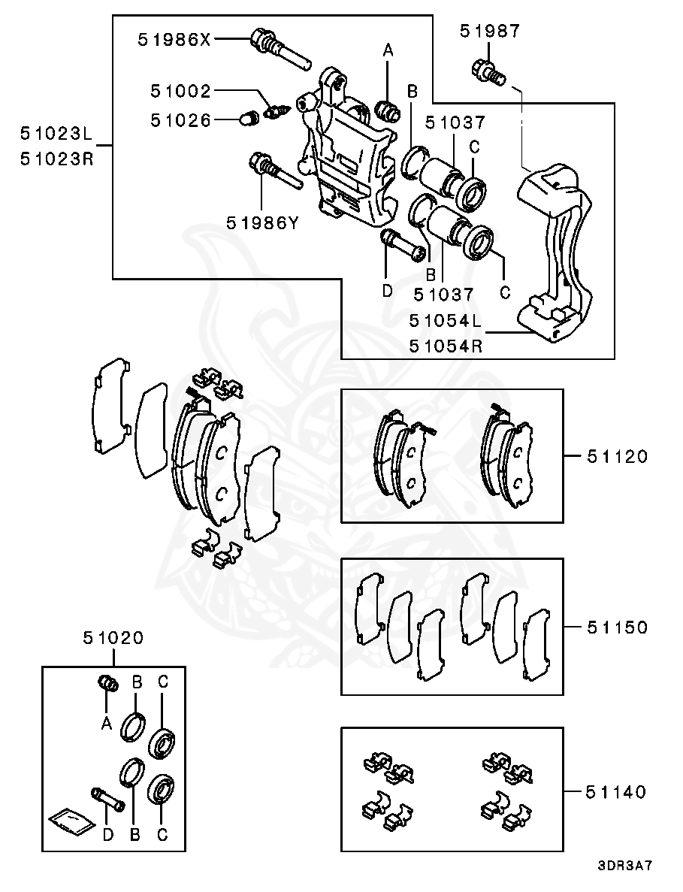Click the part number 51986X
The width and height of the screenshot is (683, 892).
[174, 40]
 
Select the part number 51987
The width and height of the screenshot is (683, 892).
[490, 31]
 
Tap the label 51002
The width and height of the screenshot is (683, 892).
[180, 91]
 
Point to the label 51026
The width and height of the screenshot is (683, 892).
[180, 120]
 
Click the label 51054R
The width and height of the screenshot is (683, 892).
[446, 346]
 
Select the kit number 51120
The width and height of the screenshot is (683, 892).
[616, 456]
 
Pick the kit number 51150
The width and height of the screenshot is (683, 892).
[616, 627]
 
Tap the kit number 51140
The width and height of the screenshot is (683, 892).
[616, 792]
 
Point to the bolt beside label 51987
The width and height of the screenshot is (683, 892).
[488, 73]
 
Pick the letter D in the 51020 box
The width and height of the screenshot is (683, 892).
[107, 835]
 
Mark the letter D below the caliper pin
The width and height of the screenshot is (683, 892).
[387, 290]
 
